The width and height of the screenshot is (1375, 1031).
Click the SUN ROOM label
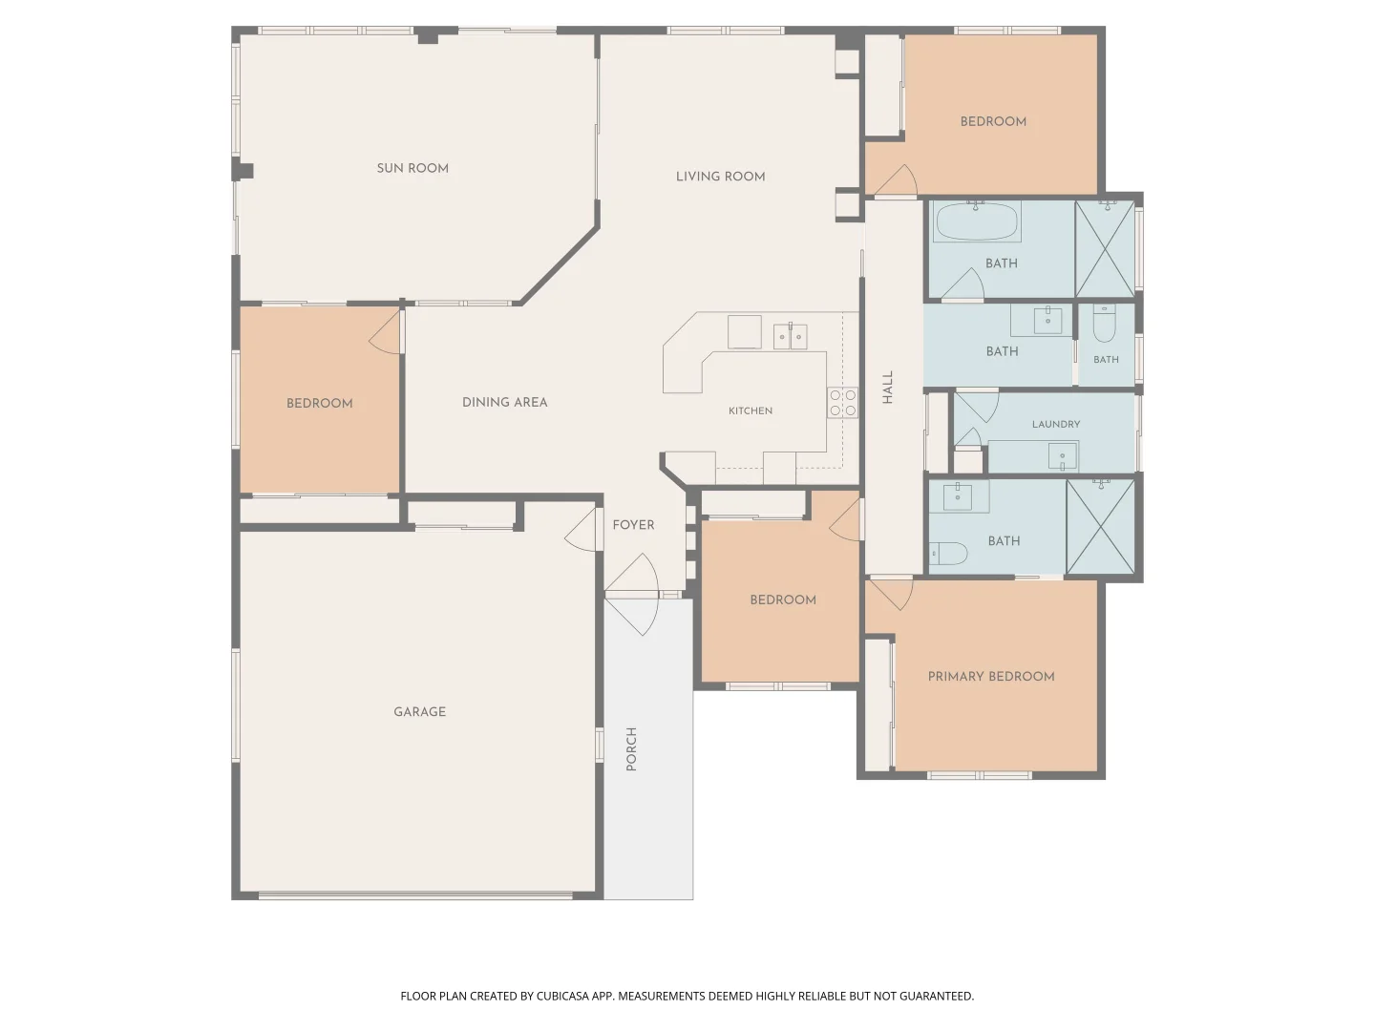[x=412, y=168]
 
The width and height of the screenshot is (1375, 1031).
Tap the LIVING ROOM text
[x=720, y=177]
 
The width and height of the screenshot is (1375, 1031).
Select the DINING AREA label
[x=504, y=403]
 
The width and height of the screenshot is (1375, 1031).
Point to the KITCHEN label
[x=751, y=410]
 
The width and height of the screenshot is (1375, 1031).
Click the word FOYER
[x=633, y=525]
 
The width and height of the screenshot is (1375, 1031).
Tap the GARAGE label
[x=420, y=712]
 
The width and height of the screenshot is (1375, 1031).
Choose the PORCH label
[x=631, y=748]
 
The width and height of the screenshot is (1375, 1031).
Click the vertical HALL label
[x=888, y=387]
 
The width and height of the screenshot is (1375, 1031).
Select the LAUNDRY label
[x=1056, y=424]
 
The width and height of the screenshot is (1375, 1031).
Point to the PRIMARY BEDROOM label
[x=991, y=676]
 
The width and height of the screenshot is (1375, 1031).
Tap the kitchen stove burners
[x=842, y=403]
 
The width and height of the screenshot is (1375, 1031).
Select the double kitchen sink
[x=790, y=336]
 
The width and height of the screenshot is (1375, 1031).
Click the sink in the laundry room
[x=1063, y=455]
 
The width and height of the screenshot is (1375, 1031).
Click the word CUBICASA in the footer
[x=562, y=996]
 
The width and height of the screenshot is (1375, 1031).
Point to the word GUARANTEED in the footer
[x=937, y=996]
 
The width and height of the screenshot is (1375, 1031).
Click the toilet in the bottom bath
[x=948, y=554]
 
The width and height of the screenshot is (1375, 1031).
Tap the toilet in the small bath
[x=1104, y=324]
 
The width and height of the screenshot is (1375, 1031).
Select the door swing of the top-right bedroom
[x=897, y=180]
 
